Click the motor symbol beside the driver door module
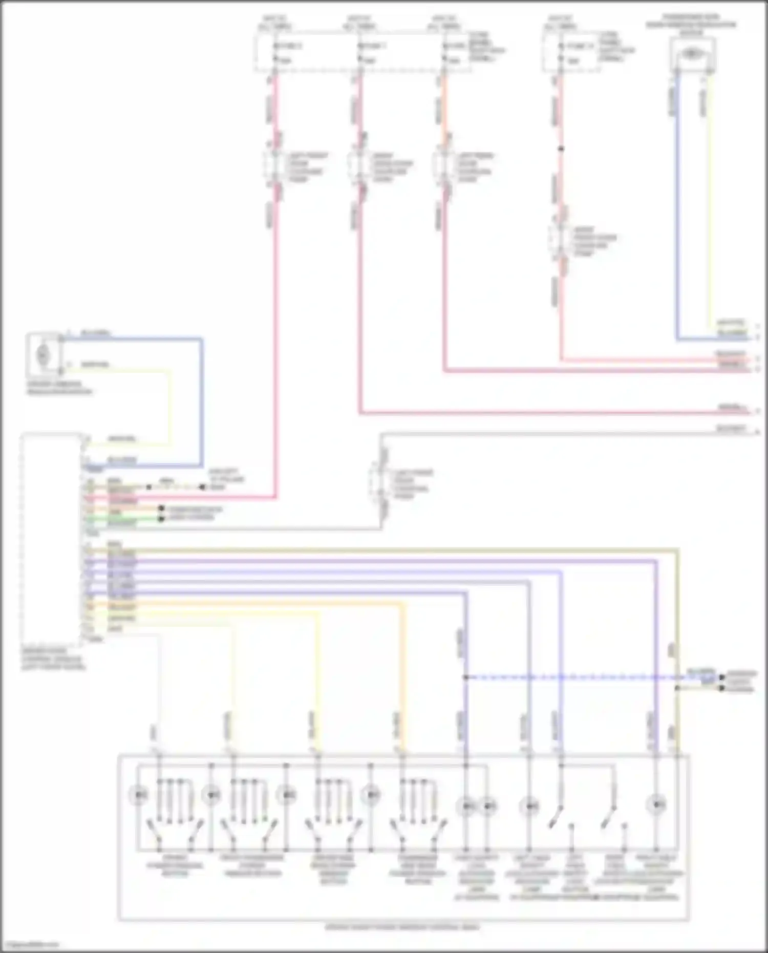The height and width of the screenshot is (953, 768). click(x=44, y=353)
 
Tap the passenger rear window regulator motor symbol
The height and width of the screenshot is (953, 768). click(x=692, y=53)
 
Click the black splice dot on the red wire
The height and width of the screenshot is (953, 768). click(x=561, y=149)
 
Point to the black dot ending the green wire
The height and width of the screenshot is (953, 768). click(x=161, y=519)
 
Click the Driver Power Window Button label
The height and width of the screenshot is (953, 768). click(x=175, y=865)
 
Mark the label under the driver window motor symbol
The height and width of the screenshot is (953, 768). click(x=59, y=388)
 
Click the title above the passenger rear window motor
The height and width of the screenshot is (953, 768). click(x=691, y=25)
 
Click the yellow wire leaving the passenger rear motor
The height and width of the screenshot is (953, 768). click(x=709, y=205)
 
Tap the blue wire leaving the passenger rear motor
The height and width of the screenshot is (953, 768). click(x=677, y=205)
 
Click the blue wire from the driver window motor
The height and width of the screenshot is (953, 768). click(x=202, y=399)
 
